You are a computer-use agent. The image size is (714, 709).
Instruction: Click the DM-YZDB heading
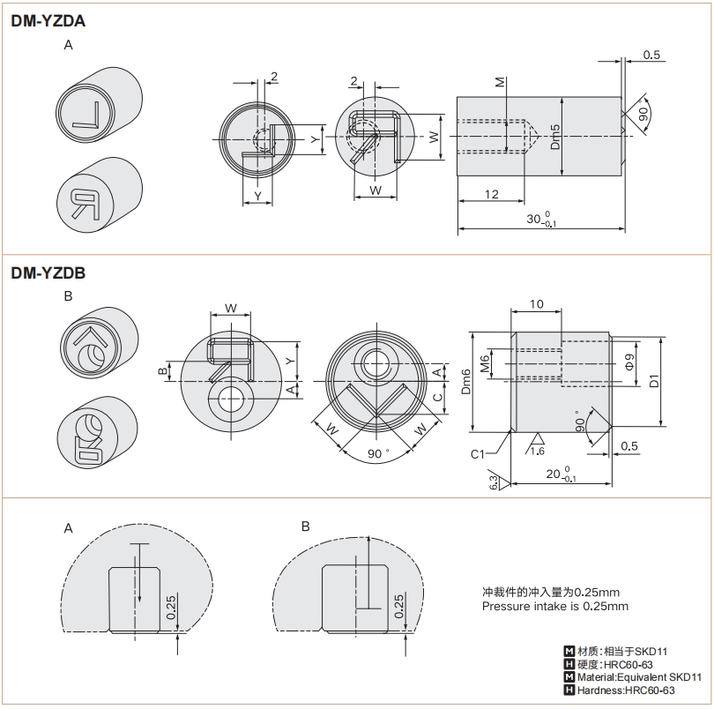[48, 273]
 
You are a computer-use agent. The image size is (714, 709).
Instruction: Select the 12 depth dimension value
[491, 194]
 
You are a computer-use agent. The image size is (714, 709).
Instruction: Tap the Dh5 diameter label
[555, 136]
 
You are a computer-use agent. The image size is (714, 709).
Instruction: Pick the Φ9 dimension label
[628, 362]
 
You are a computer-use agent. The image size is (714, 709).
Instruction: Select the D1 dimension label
[653, 381]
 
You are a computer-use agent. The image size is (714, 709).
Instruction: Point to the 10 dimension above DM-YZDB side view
[536, 303]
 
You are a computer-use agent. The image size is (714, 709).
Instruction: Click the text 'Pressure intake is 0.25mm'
[555, 607]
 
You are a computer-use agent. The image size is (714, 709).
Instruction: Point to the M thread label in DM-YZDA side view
[501, 83]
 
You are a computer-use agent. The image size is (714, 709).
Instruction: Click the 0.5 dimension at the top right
[652, 55]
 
